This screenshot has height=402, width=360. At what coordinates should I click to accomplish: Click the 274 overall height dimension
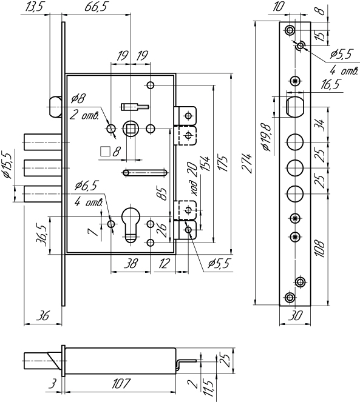tap(246, 164)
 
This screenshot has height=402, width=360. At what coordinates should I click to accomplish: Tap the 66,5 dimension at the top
tap(95, 7)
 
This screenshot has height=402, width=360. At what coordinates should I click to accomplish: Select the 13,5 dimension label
tap(34, 7)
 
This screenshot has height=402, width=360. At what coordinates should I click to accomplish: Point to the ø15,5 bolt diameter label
tap(7, 166)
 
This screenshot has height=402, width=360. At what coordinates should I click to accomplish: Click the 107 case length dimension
tap(121, 384)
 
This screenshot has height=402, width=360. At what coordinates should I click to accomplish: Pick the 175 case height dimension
tap(223, 163)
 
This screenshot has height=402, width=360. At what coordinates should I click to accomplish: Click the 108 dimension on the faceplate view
tap(320, 249)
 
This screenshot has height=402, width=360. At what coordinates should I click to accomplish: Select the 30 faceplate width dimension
tap(295, 316)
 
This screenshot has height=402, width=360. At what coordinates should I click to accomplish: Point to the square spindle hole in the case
tap(131, 129)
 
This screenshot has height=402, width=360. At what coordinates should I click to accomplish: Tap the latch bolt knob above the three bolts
tap(55, 107)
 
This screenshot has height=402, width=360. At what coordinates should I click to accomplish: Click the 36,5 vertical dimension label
tap(43, 235)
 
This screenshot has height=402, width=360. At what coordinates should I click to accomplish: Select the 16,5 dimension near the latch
tap(331, 84)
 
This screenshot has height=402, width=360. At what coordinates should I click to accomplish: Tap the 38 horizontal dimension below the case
tap(131, 263)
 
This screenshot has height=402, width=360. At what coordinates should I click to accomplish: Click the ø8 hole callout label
tap(78, 98)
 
